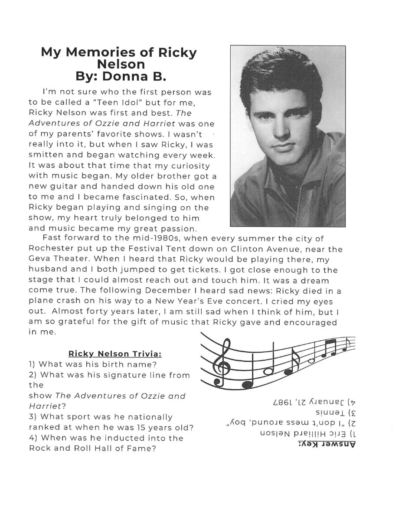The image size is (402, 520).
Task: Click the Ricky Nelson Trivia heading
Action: click(115, 354)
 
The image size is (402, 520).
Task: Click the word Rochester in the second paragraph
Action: click(50, 249)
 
